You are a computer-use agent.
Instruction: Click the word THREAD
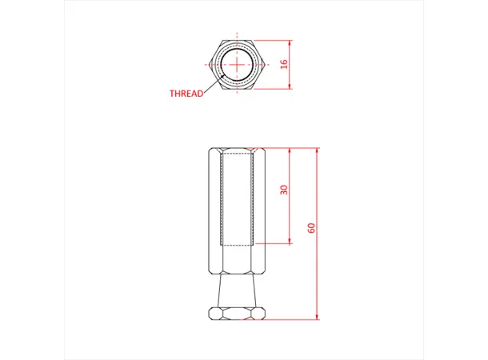click(x=186, y=94)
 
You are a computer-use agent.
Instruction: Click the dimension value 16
click(x=283, y=63)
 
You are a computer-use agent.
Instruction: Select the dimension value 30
click(x=283, y=190)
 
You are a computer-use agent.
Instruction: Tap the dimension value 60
click(x=311, y=228)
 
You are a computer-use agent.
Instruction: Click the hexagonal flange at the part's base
click(x=236, y=312)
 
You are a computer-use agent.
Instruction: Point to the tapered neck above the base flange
click(x=236, y=290)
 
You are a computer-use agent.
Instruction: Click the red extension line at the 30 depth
click(x=276, y=244)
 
